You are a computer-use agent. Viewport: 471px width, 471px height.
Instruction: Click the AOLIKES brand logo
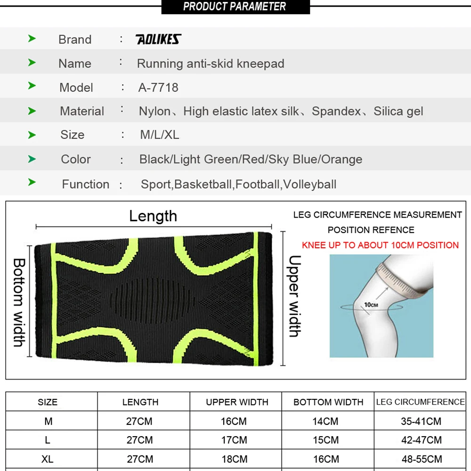coord(158,40)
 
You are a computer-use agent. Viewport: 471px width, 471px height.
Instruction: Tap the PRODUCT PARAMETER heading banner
coord(235,7)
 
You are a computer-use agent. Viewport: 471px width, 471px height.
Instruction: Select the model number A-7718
coord(158,88)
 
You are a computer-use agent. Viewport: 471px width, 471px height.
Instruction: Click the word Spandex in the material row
coord(336,111)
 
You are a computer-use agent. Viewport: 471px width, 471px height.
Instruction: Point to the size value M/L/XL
coord(160,135)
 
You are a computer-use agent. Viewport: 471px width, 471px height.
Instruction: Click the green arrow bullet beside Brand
coord(32,39)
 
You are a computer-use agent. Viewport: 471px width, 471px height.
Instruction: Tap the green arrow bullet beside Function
coord(32,182)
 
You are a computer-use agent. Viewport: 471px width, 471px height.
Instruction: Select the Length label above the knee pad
coord(153,216)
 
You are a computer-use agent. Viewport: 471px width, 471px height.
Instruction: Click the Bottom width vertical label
coord(19,302)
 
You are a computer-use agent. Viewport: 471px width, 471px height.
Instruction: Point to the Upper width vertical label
coord(294,296)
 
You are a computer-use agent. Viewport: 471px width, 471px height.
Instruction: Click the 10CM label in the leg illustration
coord(371,305)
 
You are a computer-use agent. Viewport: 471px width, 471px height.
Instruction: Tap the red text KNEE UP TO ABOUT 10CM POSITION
coord(380,245)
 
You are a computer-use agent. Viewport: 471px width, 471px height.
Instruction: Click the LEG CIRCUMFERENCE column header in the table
coord(420,402)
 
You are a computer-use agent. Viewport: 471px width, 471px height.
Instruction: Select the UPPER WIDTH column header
coord(237,402)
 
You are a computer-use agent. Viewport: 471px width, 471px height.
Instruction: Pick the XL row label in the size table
coord(48,459)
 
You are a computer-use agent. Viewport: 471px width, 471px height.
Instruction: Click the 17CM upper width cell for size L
coord(234,440)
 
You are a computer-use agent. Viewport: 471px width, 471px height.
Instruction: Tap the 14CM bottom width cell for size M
coord(325,421)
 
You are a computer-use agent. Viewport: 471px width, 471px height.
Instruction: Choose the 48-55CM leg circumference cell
coord(422,459)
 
